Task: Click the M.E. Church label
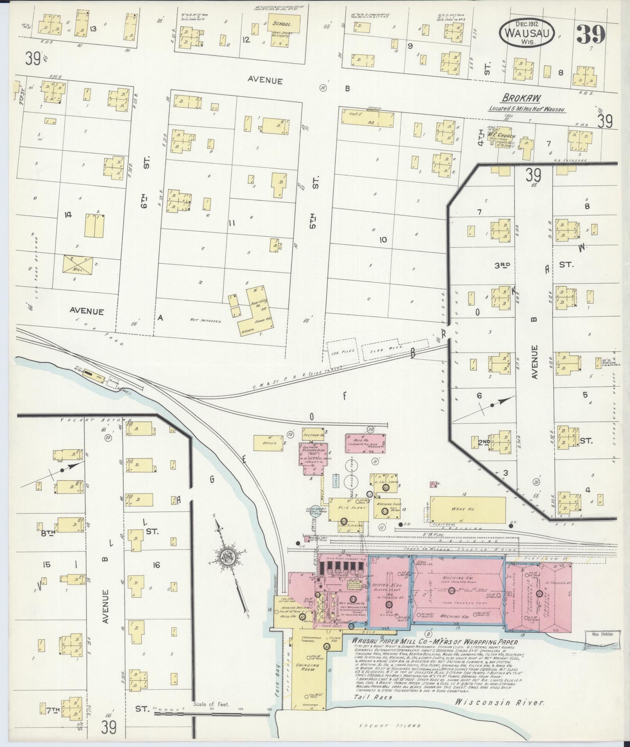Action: click(x=503, y=136)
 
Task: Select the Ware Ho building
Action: click(x=468, y=509)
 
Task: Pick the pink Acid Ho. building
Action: click(x=366, y=443)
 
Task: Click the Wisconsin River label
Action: click(x=500, y=713)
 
